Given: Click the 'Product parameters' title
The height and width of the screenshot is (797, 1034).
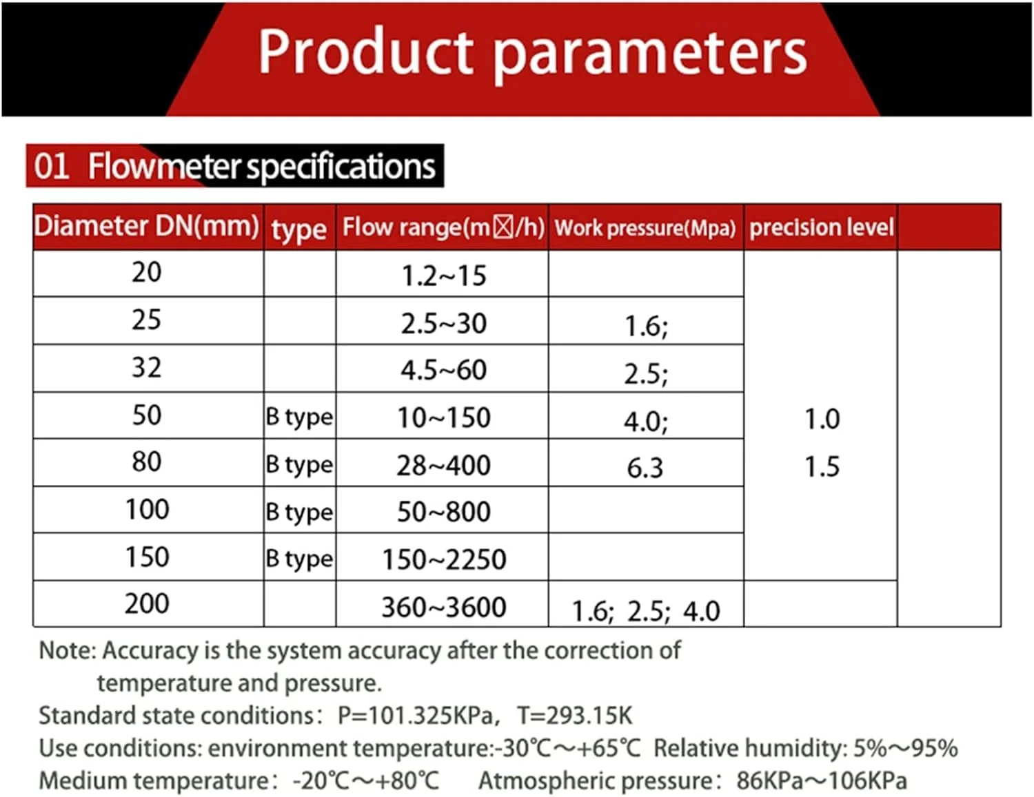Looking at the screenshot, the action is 532,52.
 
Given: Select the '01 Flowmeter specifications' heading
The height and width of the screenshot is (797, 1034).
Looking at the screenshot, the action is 234,167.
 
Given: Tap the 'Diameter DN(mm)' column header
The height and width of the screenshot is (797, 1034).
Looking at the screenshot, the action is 147,227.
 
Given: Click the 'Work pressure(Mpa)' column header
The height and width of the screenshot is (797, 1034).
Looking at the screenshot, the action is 645,228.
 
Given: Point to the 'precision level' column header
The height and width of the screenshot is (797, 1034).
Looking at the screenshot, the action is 822,227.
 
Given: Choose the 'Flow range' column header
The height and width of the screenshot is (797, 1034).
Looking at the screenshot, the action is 443,227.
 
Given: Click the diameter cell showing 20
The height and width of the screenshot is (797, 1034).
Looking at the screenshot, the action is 147,273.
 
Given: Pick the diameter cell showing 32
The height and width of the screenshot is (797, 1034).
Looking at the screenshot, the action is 147,368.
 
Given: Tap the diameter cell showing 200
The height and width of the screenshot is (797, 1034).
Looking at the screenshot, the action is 147,604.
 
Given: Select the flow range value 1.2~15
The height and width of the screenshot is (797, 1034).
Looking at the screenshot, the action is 444,276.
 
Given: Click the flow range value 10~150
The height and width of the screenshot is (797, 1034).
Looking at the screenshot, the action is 444,418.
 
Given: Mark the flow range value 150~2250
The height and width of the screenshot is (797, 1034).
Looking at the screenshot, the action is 444,560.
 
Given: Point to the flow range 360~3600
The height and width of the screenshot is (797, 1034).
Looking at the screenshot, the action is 444,608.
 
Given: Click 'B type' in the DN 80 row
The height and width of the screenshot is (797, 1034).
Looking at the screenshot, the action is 299,465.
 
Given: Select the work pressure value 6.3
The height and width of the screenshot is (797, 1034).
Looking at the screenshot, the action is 645,468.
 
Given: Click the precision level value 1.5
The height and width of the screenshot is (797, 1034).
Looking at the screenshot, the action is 822,467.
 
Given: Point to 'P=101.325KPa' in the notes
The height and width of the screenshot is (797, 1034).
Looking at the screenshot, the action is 415,716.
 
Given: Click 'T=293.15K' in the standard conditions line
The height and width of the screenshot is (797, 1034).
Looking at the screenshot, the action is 574,715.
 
